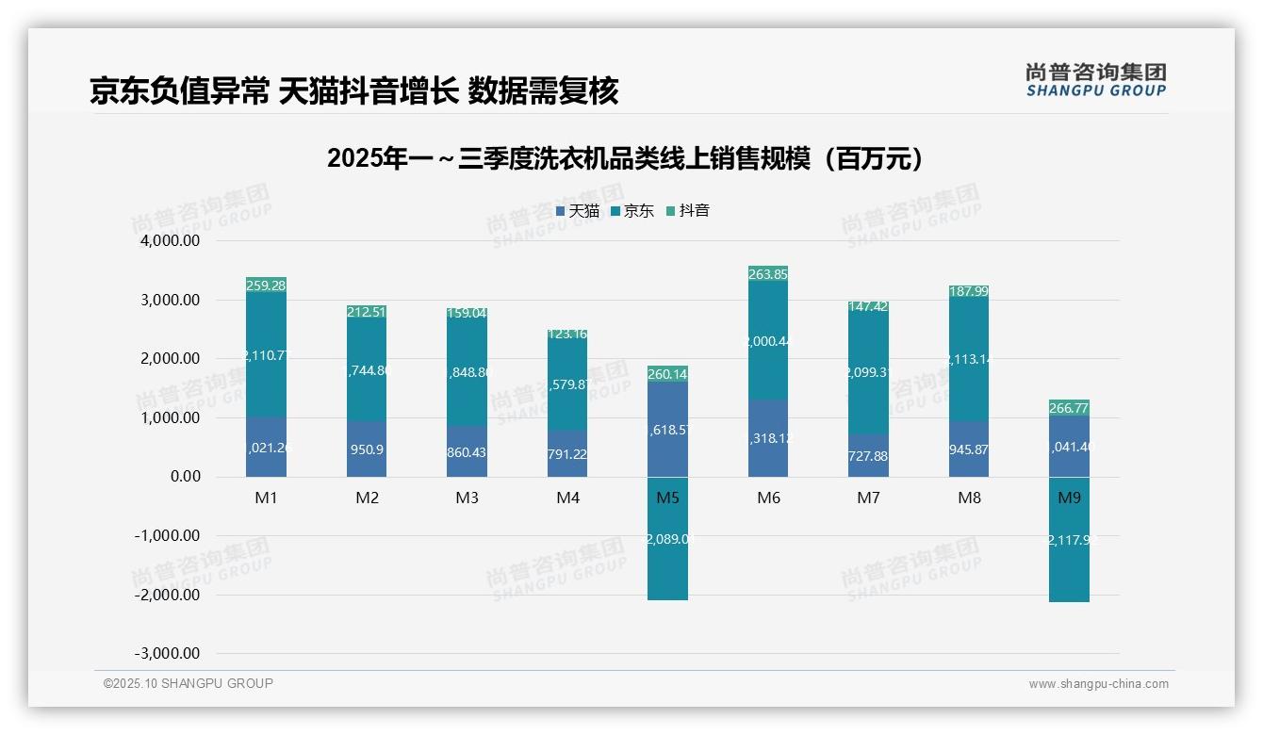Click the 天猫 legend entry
click(x=578, y=211)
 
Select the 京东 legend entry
click(x=632, y=211)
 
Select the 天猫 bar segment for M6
click(x=768, y=437)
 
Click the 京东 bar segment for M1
click(x=266, y=354)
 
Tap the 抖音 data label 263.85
click(x=768, y=274)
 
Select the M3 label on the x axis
click(x=467, y=498)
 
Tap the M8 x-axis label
click(x=969, y=498)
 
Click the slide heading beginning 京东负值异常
click(x=353, y=91)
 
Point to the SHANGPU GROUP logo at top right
click(x=1095, y=80)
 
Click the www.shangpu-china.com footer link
click(x=1098, y=684)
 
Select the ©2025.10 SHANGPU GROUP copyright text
click(x=189, y=683)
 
